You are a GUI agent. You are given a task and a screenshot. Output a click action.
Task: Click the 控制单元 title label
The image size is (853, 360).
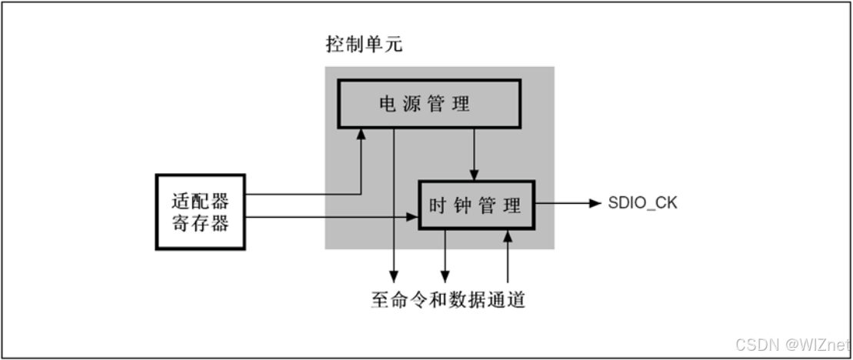[364, 45]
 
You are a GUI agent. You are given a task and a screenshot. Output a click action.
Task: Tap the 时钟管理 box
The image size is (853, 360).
[475, 205]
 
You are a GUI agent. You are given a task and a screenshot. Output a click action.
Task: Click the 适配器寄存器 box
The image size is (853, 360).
[200, 212]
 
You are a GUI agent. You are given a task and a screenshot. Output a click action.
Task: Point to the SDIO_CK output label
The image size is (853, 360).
[641, 204]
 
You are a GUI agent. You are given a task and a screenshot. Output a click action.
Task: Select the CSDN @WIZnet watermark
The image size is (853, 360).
[791, 342]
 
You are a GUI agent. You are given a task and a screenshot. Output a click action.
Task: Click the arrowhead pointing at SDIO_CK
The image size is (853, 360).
[594, 204]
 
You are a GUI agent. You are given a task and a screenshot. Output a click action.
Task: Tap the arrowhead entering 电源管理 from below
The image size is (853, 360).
[361, 134]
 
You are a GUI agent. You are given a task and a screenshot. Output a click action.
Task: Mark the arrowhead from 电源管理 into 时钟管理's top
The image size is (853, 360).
[475, 175]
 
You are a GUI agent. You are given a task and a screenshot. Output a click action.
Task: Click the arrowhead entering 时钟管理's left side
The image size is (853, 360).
[412, 218]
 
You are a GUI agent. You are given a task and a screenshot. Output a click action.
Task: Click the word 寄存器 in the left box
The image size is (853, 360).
[200, 225]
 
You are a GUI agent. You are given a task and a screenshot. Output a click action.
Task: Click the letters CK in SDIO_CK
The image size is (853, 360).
[665, 204]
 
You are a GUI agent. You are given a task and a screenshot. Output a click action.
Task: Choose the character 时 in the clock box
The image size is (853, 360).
[436, 205]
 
